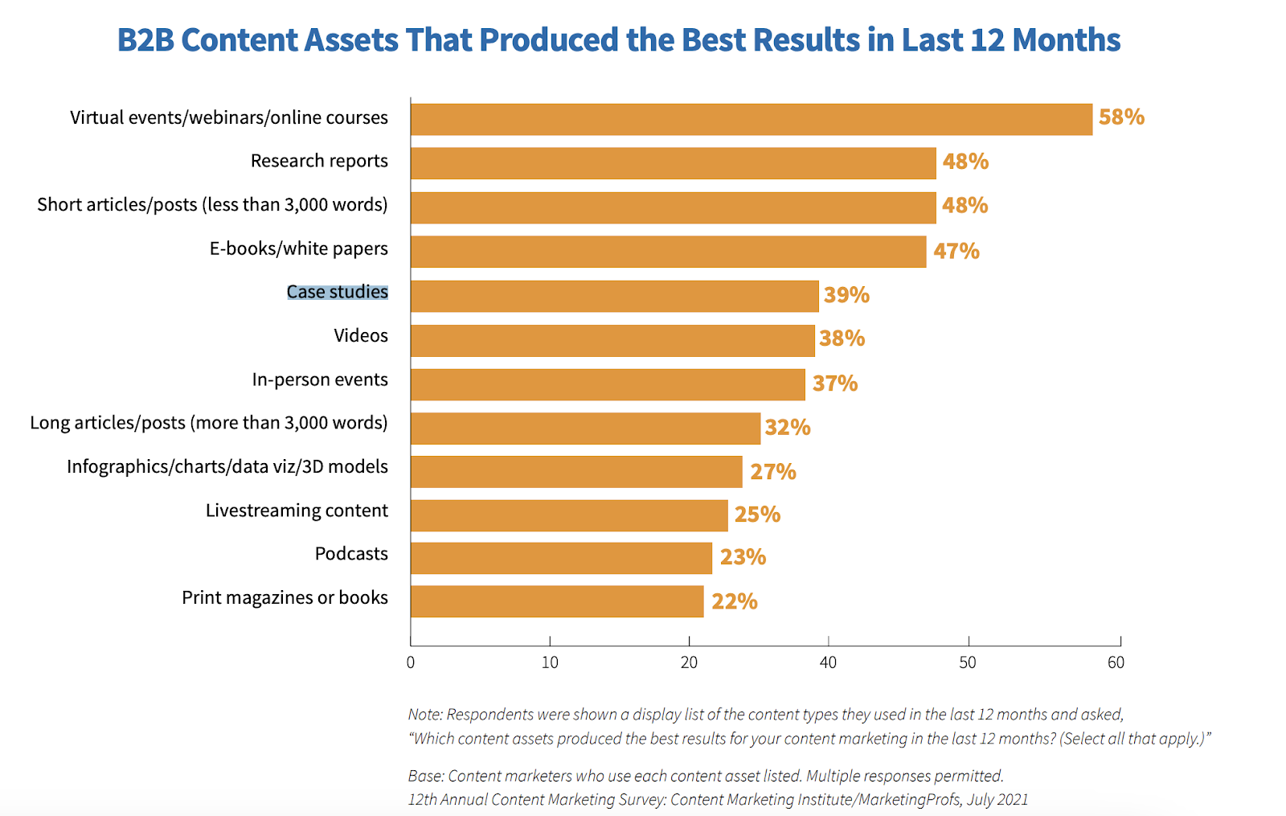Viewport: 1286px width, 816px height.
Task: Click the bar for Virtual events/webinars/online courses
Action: point(752,119)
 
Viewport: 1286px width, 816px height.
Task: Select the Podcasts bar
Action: point(561,558)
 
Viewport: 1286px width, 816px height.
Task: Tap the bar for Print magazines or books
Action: point(557,601)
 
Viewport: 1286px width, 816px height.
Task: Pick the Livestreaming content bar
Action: point(569,515)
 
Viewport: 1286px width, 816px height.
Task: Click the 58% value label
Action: point(1121,117)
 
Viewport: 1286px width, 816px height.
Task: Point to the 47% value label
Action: point(956,252)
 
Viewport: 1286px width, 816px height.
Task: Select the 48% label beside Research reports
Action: point(965,162)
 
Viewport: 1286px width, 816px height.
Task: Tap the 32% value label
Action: point(787,428)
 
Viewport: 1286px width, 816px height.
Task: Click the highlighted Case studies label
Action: point(338,292)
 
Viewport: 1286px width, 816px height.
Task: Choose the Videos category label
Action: point(361,336)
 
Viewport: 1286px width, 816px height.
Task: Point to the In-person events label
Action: point(320,379)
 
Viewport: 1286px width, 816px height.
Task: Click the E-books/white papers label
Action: point(299,248)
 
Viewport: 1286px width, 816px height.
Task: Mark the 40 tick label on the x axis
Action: point(828,662)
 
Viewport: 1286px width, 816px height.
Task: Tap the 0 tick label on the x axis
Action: point(411,662)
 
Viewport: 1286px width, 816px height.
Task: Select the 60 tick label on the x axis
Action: point(1116,662)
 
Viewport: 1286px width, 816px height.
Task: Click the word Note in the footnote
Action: point(424,714)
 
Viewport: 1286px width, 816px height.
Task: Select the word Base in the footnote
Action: point(425,776)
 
